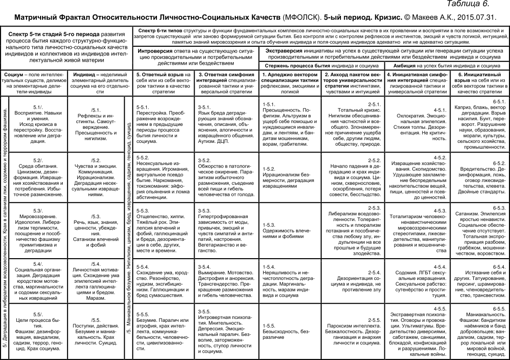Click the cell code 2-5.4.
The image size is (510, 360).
coord(375,272)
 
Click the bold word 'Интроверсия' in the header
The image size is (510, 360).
coord(156,50)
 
